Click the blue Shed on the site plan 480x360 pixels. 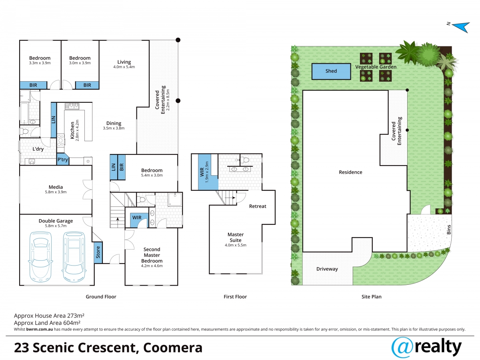tap(331, 71)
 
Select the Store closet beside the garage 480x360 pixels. tap(98, 252)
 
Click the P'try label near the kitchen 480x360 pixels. tap(62, 159)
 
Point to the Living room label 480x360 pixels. tap(124, 62)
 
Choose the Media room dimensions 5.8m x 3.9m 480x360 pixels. tap(56, 192)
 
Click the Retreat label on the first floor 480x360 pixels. tap(258, 206)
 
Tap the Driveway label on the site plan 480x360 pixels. tap(327, 269)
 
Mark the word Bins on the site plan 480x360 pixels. tap(449, 230)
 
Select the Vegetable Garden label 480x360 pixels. tap(376, 67)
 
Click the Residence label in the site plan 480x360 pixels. tap(350, 172)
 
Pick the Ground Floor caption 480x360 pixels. tap(101, 297)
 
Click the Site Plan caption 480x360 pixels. tap(371, 297)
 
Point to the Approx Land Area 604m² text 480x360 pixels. tap(47, 323)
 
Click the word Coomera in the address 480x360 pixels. tap(173, 348)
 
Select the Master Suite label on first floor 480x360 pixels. tap(236, 237)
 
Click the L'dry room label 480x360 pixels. tap(38, 149)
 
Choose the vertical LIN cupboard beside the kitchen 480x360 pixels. tap(54, 120)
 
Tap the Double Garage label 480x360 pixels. tap(56, 221)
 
